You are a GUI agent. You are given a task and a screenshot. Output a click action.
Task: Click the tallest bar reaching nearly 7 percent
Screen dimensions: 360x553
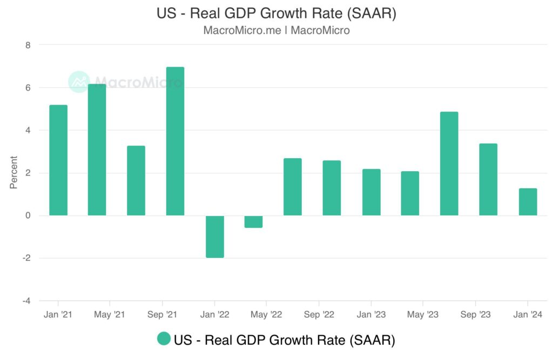(175, 141)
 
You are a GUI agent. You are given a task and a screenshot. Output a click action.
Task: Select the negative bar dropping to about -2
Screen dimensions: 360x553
(214, 236)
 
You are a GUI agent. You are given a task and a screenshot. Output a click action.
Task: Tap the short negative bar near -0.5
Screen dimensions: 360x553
(253, 222)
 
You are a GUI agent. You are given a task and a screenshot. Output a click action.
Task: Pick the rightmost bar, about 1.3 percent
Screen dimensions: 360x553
(528, 202)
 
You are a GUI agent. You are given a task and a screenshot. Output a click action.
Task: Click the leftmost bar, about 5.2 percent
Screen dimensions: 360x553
(58, 160)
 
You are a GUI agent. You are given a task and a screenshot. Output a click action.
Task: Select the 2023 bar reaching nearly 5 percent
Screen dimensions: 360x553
(449, 164)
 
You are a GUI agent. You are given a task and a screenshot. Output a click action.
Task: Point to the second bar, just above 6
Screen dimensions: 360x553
(97, 150)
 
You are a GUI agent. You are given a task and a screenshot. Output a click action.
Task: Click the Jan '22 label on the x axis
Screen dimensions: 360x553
(214, 315)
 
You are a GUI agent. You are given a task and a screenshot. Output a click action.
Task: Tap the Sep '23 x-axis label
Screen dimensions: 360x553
(475, 315)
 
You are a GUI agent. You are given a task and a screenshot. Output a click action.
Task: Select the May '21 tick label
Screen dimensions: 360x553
(110, 315)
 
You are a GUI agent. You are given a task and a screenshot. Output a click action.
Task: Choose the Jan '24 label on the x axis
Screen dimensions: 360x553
(528, 315)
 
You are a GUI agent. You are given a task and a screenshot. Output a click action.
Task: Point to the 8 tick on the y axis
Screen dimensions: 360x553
(28, 45)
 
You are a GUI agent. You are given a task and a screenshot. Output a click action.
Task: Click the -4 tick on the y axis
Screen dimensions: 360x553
(26, 301)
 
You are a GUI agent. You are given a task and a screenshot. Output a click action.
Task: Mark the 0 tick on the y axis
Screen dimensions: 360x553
(28, 216)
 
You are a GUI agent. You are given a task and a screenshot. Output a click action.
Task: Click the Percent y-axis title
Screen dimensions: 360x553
(14, 173)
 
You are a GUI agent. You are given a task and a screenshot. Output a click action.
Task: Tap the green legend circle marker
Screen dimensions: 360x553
(164, 339)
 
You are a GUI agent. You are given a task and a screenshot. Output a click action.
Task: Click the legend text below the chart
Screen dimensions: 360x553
(284, 340)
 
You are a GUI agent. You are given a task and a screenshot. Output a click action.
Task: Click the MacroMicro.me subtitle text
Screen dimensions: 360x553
(241, 30)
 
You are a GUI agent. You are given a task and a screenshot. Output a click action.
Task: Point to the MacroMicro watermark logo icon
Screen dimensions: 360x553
(79, 82)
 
